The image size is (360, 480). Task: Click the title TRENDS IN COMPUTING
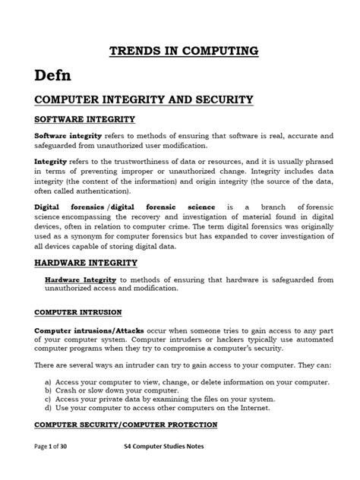179,51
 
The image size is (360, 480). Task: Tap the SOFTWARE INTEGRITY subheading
84,120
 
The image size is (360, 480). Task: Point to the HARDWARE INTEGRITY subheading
86,263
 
